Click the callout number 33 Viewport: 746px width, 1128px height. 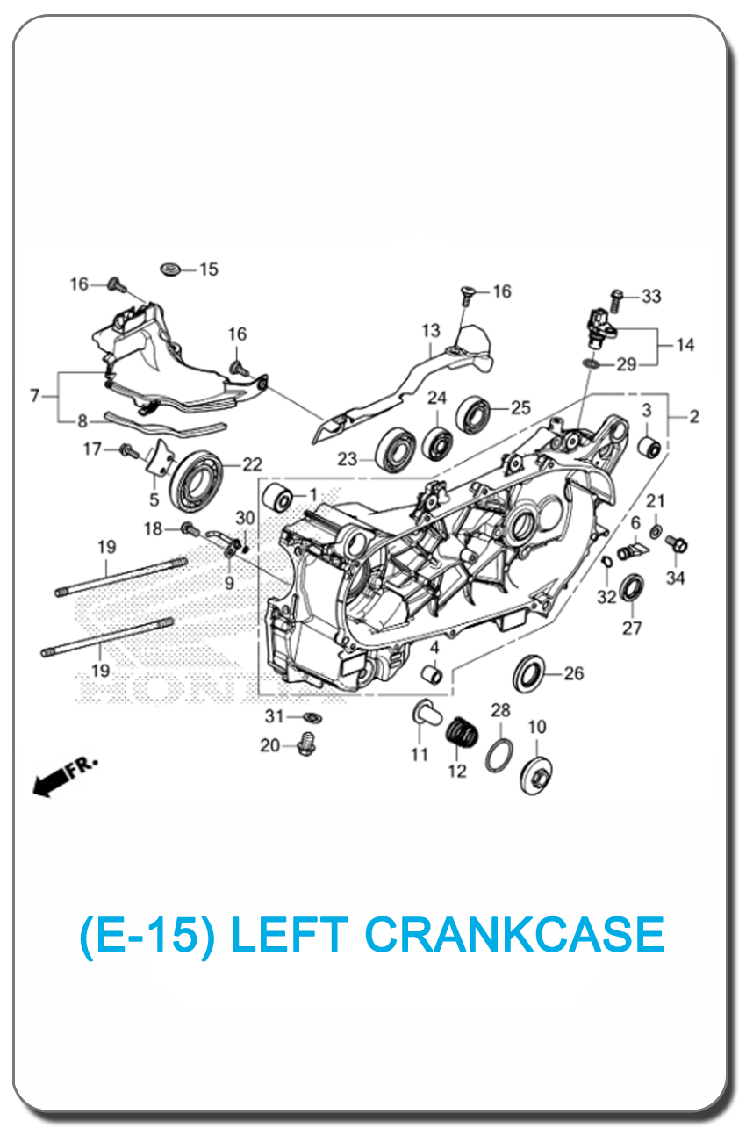click(651, 297)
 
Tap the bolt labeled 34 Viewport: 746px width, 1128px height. click(677, 544)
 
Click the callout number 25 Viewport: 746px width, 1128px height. click(520, 407)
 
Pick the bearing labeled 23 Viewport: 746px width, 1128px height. click(397, 452)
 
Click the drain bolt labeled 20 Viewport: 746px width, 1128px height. click(305, 747)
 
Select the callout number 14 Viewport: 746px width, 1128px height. click(685, 345)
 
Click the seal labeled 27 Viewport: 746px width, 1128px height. click(632, 587)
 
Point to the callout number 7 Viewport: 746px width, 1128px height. click(35, 396)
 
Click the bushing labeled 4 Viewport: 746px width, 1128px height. click(433, 677)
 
